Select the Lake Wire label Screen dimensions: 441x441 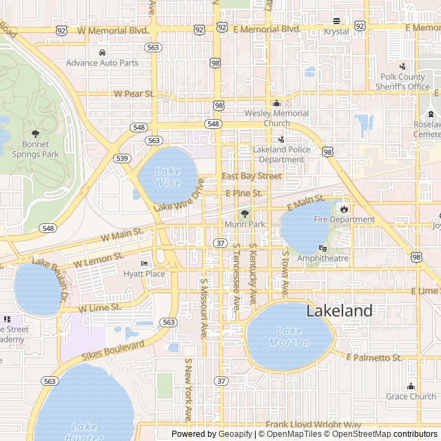tap(167, 177)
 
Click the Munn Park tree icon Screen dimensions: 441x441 tap(243, 214)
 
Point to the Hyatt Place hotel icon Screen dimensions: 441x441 tap(144, 264)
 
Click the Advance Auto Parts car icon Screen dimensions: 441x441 tap(102, 53)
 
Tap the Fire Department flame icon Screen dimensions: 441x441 tap(344, 209)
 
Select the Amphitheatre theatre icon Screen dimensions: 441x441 tap(322, 248)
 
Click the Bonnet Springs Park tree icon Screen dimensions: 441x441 tap(36, 134)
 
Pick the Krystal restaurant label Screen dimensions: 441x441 tap(336, 32)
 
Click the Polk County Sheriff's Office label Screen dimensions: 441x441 tap(402, 82)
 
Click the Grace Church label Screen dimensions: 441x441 tap(411, 396)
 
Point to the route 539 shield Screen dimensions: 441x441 tap(123, 158)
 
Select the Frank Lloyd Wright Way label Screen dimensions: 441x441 tap(314, 425)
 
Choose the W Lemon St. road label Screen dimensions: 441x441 tap(99, 260)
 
